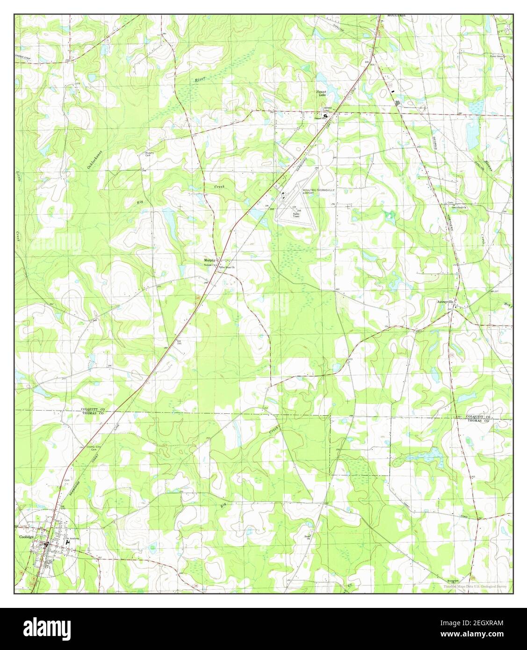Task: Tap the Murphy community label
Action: tap(209, 260)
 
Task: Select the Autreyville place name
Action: tap(445, 302)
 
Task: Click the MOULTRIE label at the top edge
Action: tap(396, 15)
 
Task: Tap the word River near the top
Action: tap(200, 80)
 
